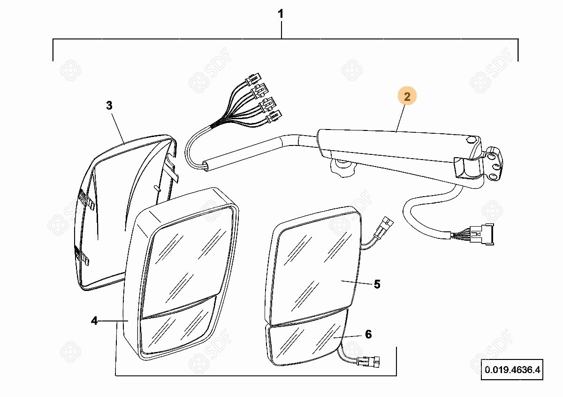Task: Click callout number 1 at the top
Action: tap(281, 15)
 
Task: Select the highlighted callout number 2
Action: tap(407, 97)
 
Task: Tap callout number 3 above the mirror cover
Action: tap(109, 106)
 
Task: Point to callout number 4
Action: tap(94, 321)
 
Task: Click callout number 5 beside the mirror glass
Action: tap(377, 284)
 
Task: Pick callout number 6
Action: tap(368, 334)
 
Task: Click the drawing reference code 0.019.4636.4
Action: tap(512, 370)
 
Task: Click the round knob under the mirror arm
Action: tap(342, 168)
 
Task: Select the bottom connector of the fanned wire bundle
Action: tap(274, 115)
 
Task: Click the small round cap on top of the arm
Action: tap(471, 139)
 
